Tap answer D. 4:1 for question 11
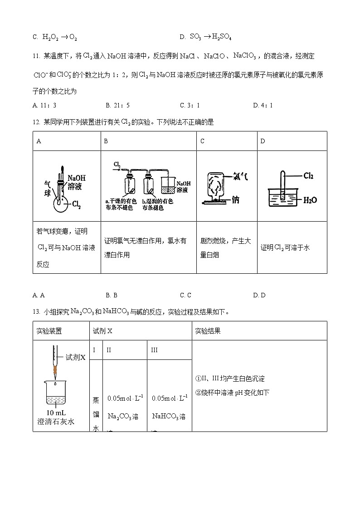[x=263, y=105]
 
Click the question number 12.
[x=36, y=122]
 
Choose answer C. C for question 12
[x=185, y=295]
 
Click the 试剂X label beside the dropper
[x=75, y=357]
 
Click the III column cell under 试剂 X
[x=154, y=350]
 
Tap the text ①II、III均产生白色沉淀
[x=230, y=378]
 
